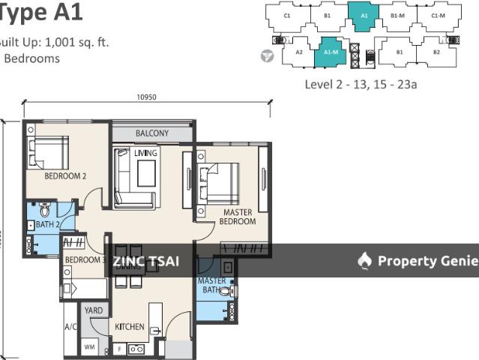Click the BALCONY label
[x=152, y=134]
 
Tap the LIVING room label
[x=145, y=153]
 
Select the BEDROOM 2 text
[x=65, y=177]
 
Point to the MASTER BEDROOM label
[x=238, y=217]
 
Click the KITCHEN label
[x=129, y=326]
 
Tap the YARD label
[x=94, y=310]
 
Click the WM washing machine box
[x=90, y=347]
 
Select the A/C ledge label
[x=71, y=326]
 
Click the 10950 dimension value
[x=146, y=97]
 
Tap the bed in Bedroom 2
[x=48, y=152]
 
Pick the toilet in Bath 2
[x=44, y=209]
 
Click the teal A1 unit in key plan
[x=364, y=15]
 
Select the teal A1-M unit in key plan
[x=329, y=52]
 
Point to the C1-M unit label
[x=437, y=15]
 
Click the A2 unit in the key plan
[x=298, y=52]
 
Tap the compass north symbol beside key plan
[x=268, y=56]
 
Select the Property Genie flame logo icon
[x=365, y=260]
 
